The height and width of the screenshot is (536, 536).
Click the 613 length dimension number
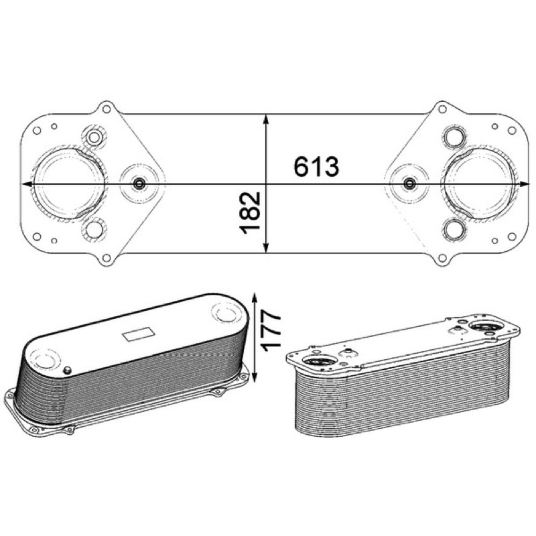[316, 166]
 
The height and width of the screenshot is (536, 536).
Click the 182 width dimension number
[250, 213]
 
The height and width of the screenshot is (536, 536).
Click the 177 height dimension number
[270, 330]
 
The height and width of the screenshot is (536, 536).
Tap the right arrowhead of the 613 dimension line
[525, 184]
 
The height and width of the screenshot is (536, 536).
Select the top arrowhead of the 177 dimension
[255, 298]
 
